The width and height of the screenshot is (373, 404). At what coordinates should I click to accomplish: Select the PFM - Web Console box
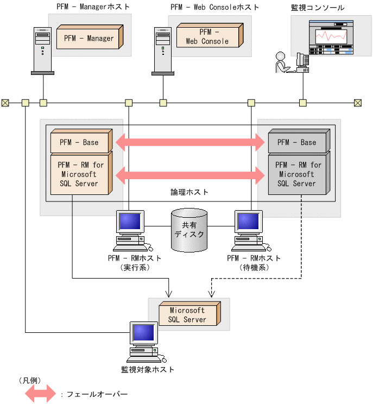click(207, 37)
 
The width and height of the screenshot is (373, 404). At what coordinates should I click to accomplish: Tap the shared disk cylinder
click(189, 230)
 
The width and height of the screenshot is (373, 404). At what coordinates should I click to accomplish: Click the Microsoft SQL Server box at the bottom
click(187, 315)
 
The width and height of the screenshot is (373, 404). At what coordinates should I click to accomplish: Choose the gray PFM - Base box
click(296, 142)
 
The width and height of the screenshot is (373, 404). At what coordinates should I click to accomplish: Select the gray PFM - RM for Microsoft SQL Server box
click(296, 174)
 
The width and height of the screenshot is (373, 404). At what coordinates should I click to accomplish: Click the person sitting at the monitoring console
click(281, 62)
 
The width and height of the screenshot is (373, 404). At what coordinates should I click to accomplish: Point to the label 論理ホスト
click(190, 192)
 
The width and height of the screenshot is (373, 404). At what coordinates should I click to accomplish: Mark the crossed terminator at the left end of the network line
click(5, 103)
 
